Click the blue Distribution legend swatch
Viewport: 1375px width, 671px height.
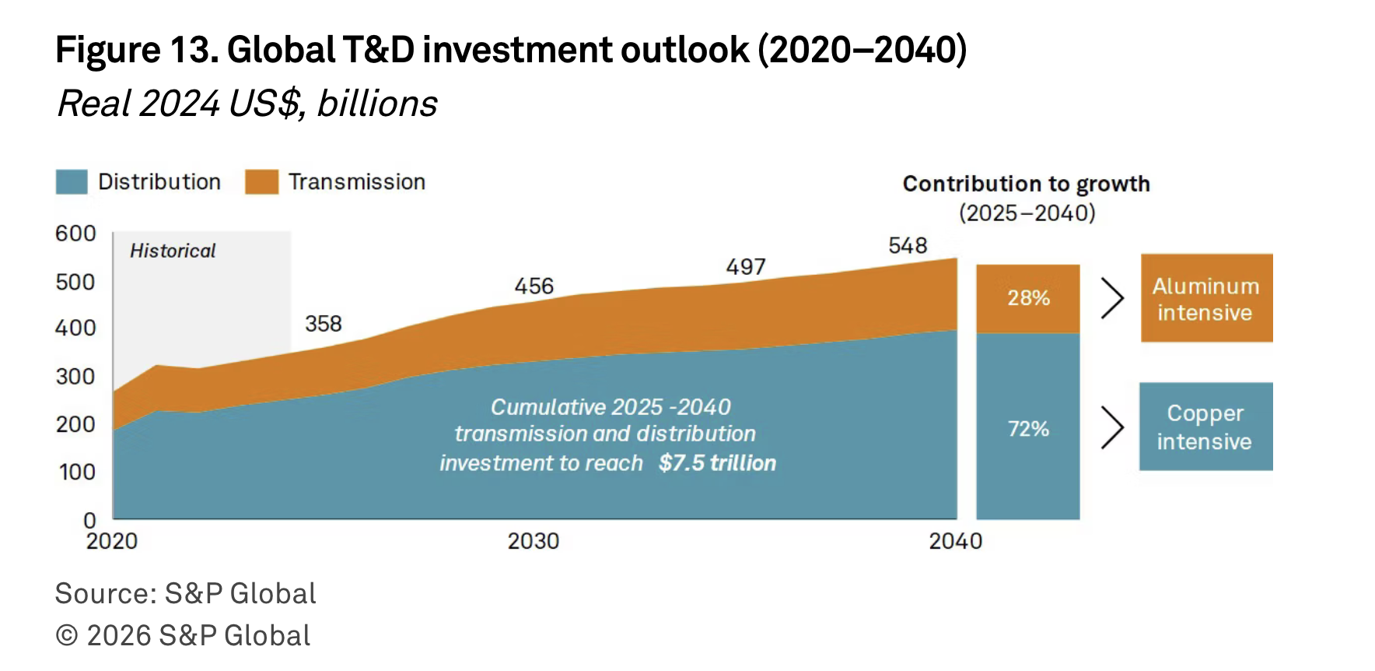click(x=72, y=182)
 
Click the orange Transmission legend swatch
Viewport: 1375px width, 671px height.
click(x=261, y=182)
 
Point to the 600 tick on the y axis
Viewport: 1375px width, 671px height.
click(x=75, y=234)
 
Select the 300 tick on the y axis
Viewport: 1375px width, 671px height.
click(x=75, y=377)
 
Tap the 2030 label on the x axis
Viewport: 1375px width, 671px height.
click(x=534, y=541)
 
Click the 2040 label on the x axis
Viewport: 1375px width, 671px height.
click(x=955, y=541)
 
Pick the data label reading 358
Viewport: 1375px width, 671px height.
click(x=324, y=324)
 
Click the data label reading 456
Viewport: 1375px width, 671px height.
click(x=534, y=286)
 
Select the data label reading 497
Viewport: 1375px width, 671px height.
click(x=746, y=267)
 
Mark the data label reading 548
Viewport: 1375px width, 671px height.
click(x=908, y=246)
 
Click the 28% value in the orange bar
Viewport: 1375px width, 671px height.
click(x=1028, y=298)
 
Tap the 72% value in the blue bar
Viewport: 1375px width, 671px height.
click(x=1028, y=429)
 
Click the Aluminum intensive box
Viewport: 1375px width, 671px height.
click(x=1206, y=298)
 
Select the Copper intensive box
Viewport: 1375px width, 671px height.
click(x=1205, y=427)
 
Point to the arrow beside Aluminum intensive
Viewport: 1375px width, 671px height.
click(x=1113, y=299)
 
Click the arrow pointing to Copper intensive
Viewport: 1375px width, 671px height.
click(x=1113, y=427)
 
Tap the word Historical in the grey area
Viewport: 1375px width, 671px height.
click(x=173, y=251)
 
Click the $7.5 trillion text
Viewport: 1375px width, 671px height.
click(x=717, y=463)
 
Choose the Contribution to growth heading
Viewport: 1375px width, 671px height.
click(x=1026, y=184)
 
